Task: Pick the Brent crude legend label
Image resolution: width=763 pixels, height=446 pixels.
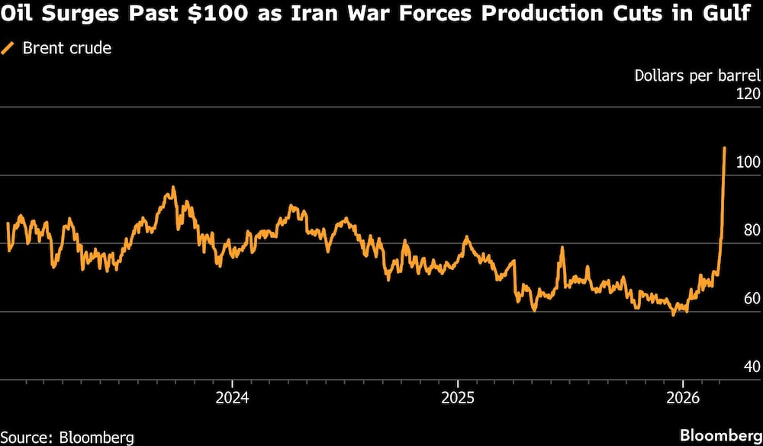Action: pos(66,48)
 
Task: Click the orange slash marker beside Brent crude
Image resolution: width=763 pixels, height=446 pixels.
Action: pos(9,48)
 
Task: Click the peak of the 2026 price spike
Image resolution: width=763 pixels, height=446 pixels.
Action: pos(723,149)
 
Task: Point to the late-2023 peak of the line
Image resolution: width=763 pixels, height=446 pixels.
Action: pos(173,188)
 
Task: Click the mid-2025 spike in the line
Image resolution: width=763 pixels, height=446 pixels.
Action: pos(562,249)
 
